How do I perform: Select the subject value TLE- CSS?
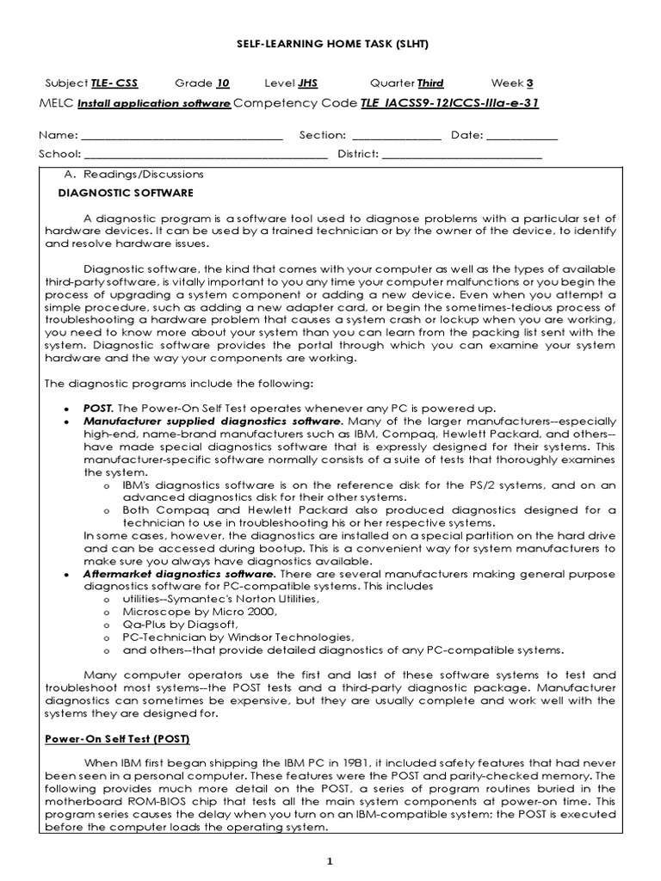coord(114,83)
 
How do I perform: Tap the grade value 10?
coord(223,83)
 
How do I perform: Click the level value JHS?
coord(307,83)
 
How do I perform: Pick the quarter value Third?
coord(430,83)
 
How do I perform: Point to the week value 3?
coord(529,83)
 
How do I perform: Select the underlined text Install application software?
coord(154,105)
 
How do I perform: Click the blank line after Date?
coord(522,136)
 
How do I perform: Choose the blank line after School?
coord(206,155)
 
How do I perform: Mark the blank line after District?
coord(461,155)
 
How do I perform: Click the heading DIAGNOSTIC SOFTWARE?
coord(126,193)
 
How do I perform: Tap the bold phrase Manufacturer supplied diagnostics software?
coord(213,422)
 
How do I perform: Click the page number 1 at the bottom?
coord(330,861)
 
